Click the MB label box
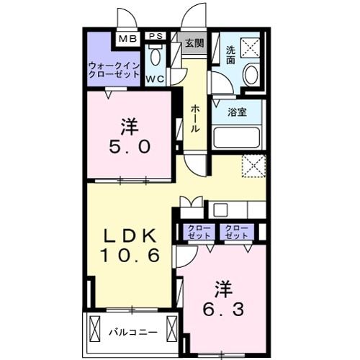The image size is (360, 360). click(x=127, y=38)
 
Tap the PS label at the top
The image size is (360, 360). click(x=155, y=36)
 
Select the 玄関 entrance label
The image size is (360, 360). click(x=194, y=42)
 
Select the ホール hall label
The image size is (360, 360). click(x=195, y=118)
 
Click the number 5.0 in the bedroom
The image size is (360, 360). click(x=130, y=147)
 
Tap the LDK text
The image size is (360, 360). click(x=130, y=235)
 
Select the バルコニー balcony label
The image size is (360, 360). click(x=132, y=333)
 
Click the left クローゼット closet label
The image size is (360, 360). click(x=200, y=233)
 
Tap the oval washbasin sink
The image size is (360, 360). click(x=251, y=74)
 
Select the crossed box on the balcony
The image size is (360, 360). click(x=97, y=333)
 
